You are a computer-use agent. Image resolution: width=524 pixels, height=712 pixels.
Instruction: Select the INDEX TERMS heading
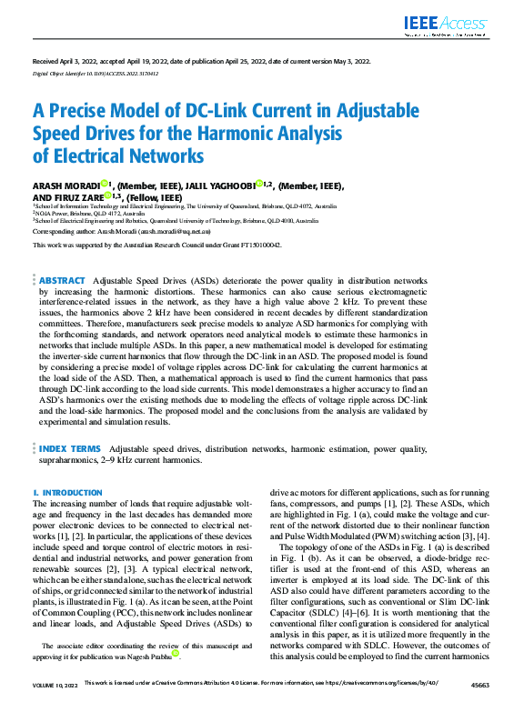(70, 449)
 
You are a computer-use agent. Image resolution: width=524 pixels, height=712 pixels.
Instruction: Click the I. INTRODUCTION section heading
(67, 492)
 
